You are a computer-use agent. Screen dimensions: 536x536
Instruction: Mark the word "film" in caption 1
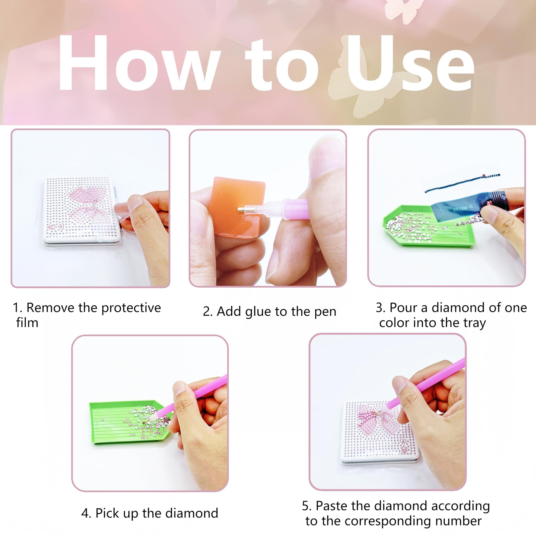[x=27, y=323]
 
